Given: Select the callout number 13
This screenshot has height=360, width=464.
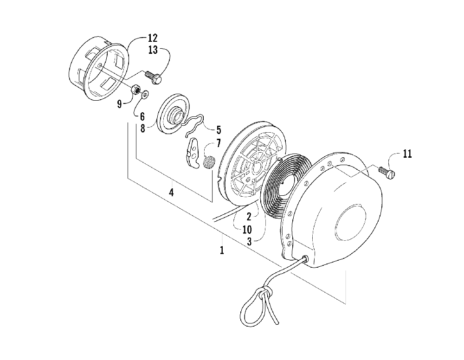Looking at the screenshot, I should (153, 50).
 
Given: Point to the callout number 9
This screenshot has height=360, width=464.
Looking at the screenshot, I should (120, 104).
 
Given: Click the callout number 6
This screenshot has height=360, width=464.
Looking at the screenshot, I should (142, 116).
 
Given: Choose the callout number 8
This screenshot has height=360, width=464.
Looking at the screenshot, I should (143, 128).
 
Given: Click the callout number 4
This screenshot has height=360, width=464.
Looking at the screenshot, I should (171, 192).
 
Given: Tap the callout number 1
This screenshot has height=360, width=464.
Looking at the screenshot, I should (222, 251).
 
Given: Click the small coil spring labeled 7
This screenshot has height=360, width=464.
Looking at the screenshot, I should (210, 162).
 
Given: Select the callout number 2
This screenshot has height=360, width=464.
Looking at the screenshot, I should (249, 216).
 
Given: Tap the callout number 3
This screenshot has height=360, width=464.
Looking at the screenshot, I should (249, 241).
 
